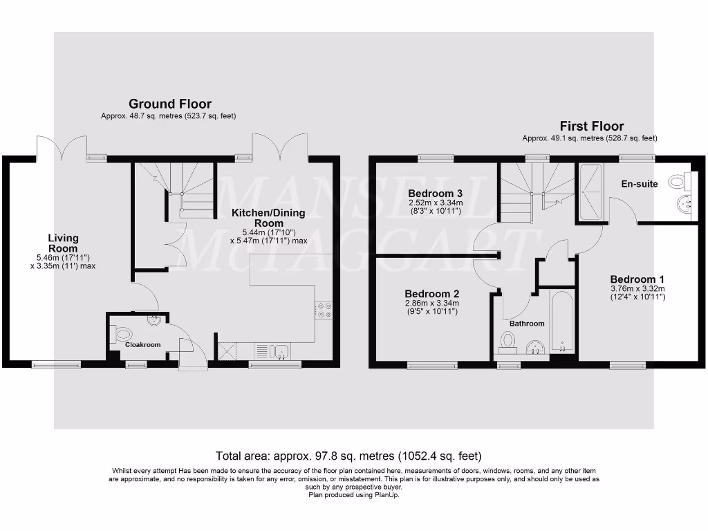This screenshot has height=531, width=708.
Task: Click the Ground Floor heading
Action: [x=170, y=104]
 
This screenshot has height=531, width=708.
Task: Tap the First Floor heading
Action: [x=592, y=127]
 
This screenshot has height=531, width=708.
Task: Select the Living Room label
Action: [x=63, y=243]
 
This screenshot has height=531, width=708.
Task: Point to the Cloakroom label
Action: [x=142, y=345]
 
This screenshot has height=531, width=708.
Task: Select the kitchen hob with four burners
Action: [x=324, y=310]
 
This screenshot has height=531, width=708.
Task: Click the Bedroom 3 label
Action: [x=434, y=193]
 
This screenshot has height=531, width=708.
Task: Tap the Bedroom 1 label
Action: [x=637, y=279]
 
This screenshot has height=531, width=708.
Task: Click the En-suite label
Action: [x=640, y=184]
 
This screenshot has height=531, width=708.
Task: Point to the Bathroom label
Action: [x=527, y=323]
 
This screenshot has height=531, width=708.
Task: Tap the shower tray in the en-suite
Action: [x=592, y=194]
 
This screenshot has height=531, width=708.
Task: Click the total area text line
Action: [x=348, y=456]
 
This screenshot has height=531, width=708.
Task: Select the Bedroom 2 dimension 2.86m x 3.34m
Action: [x=431, y=304]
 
